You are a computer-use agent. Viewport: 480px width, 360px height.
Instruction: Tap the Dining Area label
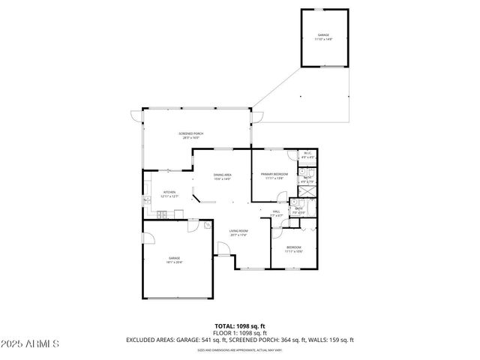coord(222,176)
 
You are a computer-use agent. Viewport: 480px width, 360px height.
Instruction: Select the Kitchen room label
coord(170,194)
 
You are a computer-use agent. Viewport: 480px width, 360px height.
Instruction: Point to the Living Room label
coord(238,233)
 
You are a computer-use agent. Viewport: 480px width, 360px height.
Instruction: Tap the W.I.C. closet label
coord(307,155)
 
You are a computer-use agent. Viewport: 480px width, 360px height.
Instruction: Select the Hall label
coord(277,214)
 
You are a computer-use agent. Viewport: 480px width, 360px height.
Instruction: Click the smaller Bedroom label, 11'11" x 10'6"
coord(293,250)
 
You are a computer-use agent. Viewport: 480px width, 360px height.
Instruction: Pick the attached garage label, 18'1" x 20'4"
coord(174,260)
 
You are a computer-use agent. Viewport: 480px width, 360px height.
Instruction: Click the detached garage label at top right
coord(324,36)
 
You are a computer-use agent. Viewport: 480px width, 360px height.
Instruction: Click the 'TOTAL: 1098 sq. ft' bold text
coord(239,325)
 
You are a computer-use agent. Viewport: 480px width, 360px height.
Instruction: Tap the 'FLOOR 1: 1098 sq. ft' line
coord(239,332)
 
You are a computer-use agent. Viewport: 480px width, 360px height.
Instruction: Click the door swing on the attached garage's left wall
coord(148,239)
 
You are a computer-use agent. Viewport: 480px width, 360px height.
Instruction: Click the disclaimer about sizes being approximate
coord(239,349)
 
